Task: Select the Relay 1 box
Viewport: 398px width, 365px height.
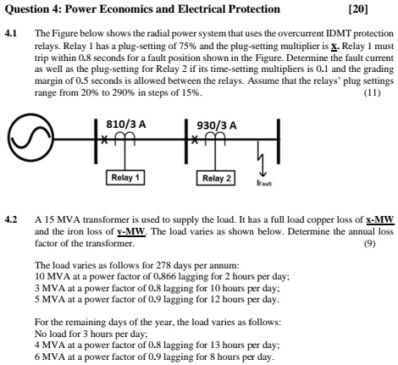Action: click(126, 178)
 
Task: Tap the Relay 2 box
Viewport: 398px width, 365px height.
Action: click(216, 178)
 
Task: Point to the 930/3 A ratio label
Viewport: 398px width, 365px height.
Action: click(215, 124)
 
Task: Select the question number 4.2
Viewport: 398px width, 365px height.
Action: click(11, 218)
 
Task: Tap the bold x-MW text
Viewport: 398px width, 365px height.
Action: click(369, 218)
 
